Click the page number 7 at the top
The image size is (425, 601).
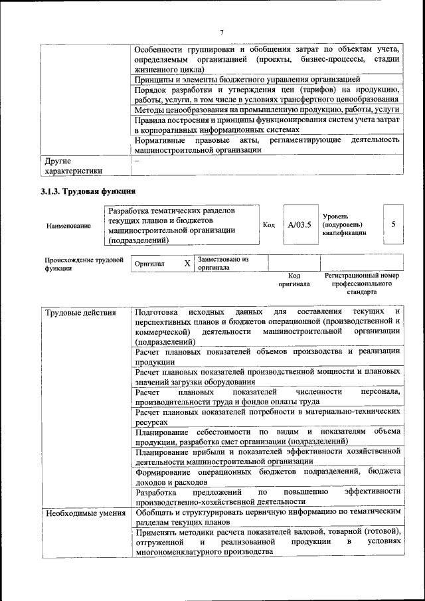[222, 31]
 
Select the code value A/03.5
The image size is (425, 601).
[299, 224]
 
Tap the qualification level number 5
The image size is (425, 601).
[394, 224]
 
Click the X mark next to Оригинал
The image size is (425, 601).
[187, 264]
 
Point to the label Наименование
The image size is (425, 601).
[68, 226]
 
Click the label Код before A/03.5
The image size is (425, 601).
[269, 224]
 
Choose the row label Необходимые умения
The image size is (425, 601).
[84, 513]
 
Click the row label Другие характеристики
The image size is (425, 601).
[73, 165]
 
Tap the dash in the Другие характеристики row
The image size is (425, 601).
[137, 160]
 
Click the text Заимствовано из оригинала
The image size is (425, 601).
[223, 264]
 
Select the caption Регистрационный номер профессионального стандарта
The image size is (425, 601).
[361, 283]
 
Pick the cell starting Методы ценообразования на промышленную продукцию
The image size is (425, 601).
[266, 109]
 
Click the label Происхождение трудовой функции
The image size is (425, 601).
[84, 264]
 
